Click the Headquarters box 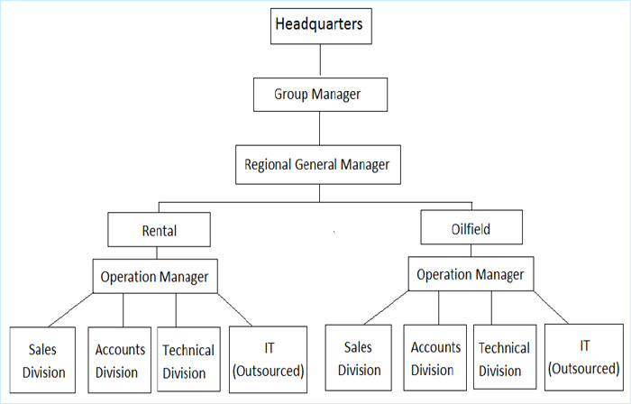tap(321, 26)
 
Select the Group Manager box tap(320, 95)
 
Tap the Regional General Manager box tap(318, 165)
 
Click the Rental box tap(159, 229)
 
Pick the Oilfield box tap(471, 227)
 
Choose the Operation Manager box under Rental tap(155, 276)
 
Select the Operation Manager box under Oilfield tap(471, 273)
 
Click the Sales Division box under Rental tap(42, 360)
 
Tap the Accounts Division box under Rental tap(120, 360)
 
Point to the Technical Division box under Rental tap(188, 359)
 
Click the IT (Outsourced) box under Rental tap(268, 359)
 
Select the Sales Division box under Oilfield tap(359, 358)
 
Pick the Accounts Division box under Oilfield tap(435, 358)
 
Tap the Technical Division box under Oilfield tap(505, 357)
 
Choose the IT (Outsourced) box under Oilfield tap(584, 357)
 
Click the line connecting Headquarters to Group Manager tap(320, 60)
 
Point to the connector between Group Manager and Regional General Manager tap(319, 128)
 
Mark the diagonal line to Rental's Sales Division tap(70, 310)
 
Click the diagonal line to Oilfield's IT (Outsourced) tap(551, 308)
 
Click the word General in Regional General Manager tap(315, 165)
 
